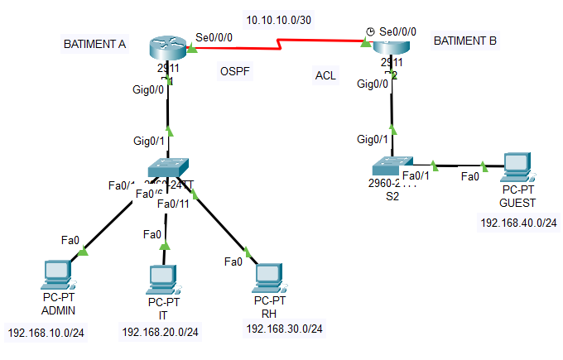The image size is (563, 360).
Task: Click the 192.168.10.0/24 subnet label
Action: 46,334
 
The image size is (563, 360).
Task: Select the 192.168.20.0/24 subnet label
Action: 160,332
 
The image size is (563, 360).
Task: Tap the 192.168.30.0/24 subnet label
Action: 284,329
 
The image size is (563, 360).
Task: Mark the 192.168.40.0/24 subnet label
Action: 518,222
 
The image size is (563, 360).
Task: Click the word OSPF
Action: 234,70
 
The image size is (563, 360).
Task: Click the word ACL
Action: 325,76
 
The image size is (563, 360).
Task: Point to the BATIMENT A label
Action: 94,44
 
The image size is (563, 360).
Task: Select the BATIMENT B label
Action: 464,40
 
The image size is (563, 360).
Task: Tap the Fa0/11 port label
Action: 172,204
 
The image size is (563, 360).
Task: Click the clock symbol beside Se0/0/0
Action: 370,31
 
